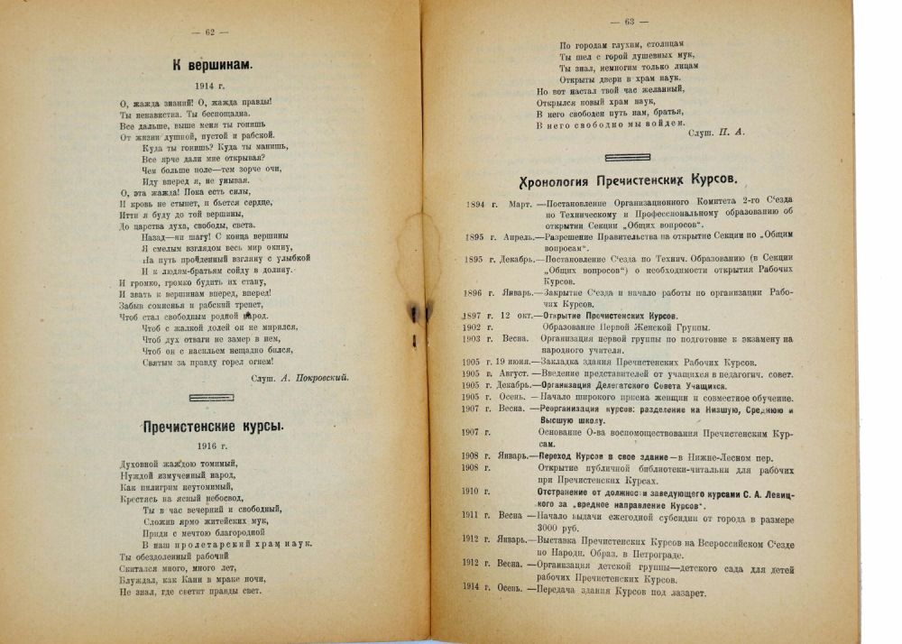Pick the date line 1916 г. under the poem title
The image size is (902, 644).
click(213, 446)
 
